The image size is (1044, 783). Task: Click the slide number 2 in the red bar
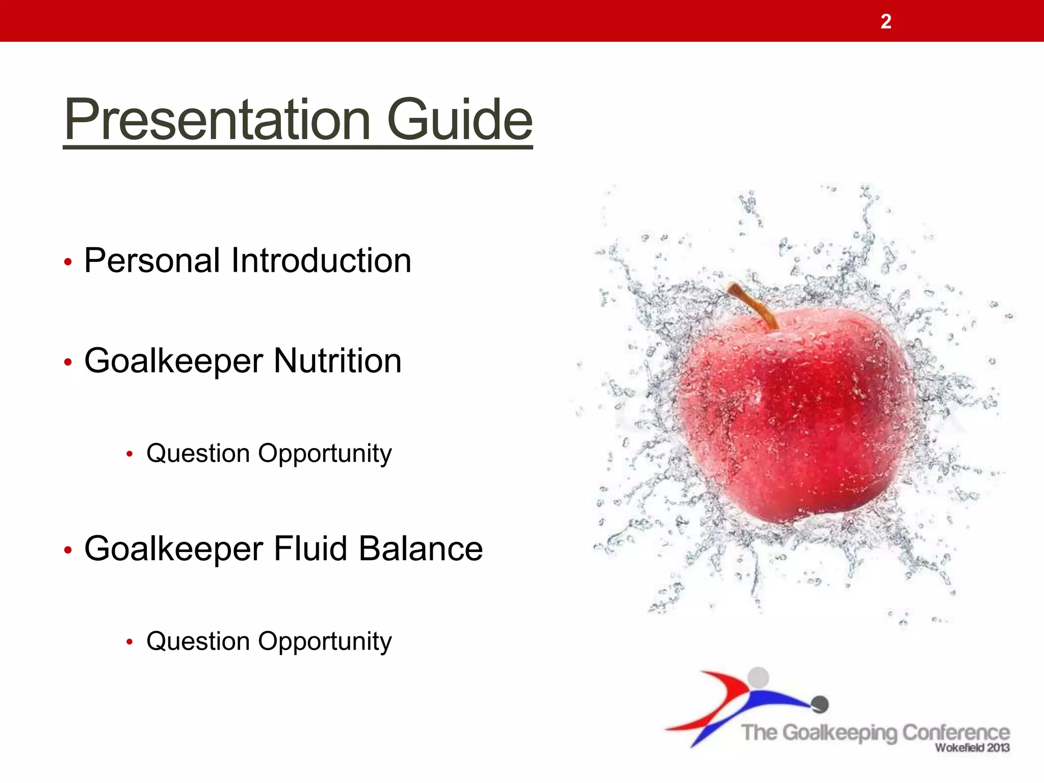pos(886,22)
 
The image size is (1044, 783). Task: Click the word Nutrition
pos(337,361)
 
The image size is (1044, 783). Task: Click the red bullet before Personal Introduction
pos(68,263)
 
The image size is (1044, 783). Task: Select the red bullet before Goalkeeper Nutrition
pos(68,362)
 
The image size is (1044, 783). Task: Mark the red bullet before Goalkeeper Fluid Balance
pos(68,551)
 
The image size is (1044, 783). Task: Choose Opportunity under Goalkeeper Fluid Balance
pos(325,641)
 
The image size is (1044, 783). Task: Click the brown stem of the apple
pos(752,304)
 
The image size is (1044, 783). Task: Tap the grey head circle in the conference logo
pos(758,677)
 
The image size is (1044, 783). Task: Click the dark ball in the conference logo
pos(820,704)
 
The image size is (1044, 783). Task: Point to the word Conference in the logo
pos(956,733)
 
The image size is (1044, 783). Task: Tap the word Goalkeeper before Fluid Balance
pos(173,549)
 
